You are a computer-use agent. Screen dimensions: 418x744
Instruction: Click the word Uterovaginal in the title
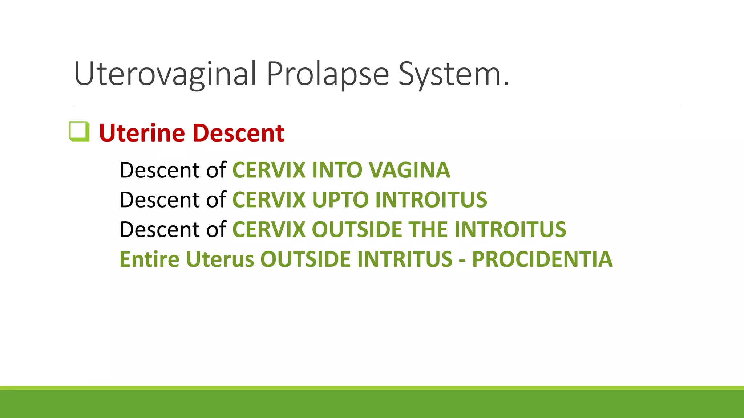(166, 74)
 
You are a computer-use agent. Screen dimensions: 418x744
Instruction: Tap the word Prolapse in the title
(328, 74)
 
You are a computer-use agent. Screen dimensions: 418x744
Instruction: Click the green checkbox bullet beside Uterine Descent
(79, 131)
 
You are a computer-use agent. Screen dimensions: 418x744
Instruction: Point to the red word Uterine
(142, 133)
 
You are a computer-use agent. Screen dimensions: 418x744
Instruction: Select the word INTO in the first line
(337, 170)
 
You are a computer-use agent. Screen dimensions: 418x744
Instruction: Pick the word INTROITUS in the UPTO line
(431, 200)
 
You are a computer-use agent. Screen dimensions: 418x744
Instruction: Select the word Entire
(149, 259)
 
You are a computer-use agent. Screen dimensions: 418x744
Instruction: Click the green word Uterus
(220, 259)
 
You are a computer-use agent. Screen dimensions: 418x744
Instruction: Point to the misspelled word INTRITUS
(405, 259)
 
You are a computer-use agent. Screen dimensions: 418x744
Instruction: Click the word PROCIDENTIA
(542, 259)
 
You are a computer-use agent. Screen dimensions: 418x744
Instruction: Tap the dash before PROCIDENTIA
(462, 260)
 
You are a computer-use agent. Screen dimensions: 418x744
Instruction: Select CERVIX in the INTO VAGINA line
(269, 170)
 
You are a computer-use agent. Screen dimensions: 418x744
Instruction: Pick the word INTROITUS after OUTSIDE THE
(510, 229)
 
